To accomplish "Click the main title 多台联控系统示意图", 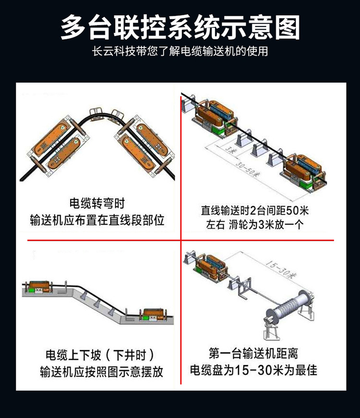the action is coord(180,27).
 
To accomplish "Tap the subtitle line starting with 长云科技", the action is coord(180,51).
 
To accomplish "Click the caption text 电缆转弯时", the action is coord(97,203).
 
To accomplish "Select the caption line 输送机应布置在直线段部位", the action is coord(97,220).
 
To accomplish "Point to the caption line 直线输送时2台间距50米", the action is coord(255,210).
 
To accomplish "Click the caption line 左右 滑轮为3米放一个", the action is coord(255,225).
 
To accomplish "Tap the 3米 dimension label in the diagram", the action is coord(230,150).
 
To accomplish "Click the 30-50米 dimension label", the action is coord(248,169).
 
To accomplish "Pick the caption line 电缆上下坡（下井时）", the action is coord(100,355).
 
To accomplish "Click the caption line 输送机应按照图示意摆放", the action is coord(101,371).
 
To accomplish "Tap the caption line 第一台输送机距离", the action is coord(253,354).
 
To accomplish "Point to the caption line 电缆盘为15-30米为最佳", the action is coord(253,370).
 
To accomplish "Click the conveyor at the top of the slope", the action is coord(38,287).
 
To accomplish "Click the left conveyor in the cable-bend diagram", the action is coord(57,147).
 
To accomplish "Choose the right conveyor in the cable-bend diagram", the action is coord(144,146).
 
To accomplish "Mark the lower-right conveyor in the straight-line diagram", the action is coord(303,173).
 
